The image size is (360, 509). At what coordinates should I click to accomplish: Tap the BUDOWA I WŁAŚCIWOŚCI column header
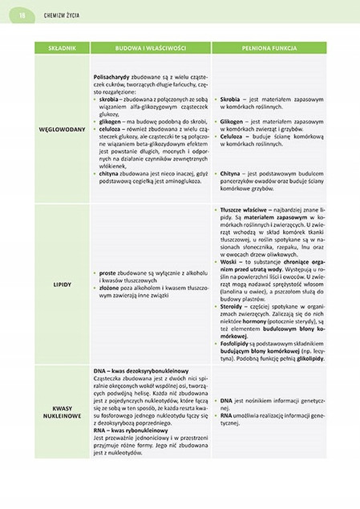coord(145,48)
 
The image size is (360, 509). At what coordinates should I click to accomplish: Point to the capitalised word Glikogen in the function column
coord(233,122)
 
